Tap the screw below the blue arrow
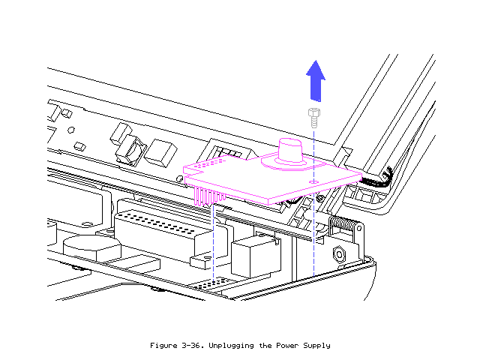[x=313, y=118]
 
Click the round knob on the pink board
[x=290, y=148]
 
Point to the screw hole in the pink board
[x=311, y=181]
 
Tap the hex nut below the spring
[x=339, y=255]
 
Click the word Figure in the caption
[x=165, y=345]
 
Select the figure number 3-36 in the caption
[x=197, y=345]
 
